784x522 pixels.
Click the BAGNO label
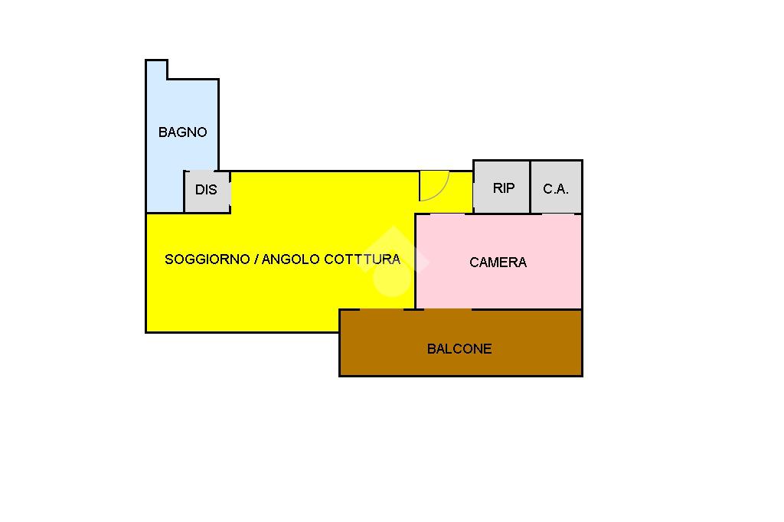pyautogui.click(x=182, y=132)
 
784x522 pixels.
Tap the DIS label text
pyautogui.click(x=206, y=190)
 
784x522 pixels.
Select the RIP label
pyautogui.click(x=503, y=188)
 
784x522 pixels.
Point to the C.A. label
pyautogui.click(x=556, y=188)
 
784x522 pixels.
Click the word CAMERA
pyautogui.click(x=498, y=263)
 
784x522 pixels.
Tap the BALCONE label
pyautogui.click(x=459, y=349)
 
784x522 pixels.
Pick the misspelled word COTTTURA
pyautogui.click(x=362, y=259)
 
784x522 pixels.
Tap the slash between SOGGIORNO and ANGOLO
pyautogui.click(x=256, y=259)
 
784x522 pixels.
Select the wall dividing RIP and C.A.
pyautogui.click(x=530, y=187)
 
